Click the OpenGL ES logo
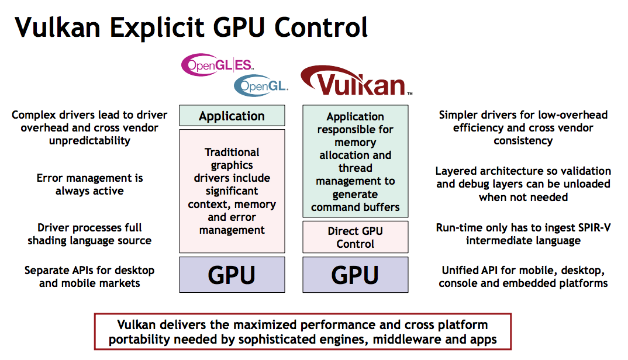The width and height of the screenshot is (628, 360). [218, 65]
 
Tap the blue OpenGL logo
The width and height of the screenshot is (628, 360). [261, 86]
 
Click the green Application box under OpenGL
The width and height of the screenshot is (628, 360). [232, 116]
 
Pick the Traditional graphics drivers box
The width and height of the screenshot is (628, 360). [232, 191]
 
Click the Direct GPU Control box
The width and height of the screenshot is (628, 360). [355, 237]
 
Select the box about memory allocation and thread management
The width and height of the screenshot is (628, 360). [355, 162]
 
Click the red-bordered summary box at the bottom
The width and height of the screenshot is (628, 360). [302, 332]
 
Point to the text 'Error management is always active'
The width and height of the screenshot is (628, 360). [89, 185]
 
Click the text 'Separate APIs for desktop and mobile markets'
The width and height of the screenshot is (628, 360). [89, 277]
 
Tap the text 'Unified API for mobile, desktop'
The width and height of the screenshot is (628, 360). [523, 271]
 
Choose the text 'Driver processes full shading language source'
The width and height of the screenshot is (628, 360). [89, 234]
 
